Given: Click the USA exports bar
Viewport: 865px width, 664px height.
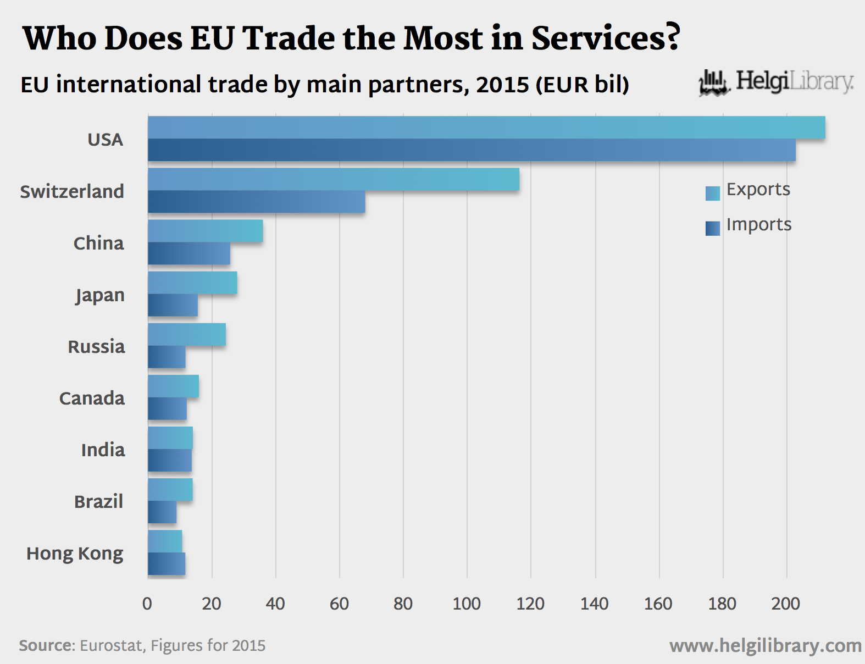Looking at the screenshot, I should point(486,128).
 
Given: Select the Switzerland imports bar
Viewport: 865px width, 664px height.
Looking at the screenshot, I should point(256,202).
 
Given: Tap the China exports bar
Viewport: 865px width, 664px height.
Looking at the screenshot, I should point(205,231).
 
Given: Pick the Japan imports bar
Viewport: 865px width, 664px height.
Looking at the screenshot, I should point(173,305).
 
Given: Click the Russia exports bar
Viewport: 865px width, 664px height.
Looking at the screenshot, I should point(187,335).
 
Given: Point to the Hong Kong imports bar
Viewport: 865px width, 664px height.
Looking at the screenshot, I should point(167,564).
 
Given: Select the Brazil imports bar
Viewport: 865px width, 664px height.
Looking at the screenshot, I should point(162,512).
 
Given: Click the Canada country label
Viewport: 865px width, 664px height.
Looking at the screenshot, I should point(92,398).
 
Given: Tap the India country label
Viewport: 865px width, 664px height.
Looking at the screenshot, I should point(103,450).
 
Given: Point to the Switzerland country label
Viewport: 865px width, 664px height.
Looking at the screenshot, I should point(72,191).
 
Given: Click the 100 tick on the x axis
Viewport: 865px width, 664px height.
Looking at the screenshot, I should point(467,604).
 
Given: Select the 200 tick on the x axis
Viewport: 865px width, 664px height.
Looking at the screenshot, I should point(786,604).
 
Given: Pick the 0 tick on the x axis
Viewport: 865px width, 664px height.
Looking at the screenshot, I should point(147,604).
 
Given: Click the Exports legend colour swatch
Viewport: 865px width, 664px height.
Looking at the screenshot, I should point(713,193).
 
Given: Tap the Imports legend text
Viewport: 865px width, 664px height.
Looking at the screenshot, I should point(759,224).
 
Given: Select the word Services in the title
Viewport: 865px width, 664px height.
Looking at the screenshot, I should point(606,38).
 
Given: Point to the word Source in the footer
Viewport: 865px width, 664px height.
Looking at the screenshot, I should point(46,645).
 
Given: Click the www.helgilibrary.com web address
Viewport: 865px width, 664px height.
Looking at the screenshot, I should point(765,646).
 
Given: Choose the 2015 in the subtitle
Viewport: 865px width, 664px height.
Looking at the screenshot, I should point(502,85).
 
